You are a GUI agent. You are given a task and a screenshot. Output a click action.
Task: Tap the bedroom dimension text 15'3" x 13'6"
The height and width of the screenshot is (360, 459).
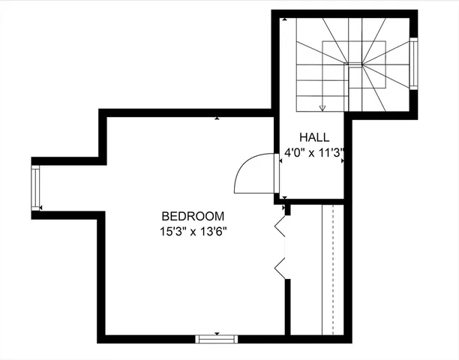point(193,231)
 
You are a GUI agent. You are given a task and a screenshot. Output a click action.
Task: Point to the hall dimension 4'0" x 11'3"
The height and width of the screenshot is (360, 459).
point(313,153)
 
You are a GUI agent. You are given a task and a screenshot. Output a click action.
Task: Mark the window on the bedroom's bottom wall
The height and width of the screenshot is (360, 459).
point(217,339)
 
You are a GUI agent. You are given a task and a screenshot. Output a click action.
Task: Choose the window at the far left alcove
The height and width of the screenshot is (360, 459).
point(35,187)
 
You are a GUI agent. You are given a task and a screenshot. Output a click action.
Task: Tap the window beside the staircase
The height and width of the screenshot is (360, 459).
point(413,64)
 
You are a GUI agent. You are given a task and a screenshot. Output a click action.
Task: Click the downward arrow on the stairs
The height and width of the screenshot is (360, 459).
point(322,107)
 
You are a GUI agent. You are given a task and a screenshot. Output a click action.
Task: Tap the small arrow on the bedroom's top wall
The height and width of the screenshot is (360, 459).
point(217,118)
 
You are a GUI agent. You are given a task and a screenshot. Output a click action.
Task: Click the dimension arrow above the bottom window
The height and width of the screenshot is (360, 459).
point(217,332)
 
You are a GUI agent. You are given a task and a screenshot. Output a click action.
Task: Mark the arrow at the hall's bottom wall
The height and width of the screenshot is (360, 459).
point(284,199)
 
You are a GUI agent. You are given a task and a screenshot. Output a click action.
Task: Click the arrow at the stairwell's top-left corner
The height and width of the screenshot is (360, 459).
point(284,20)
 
